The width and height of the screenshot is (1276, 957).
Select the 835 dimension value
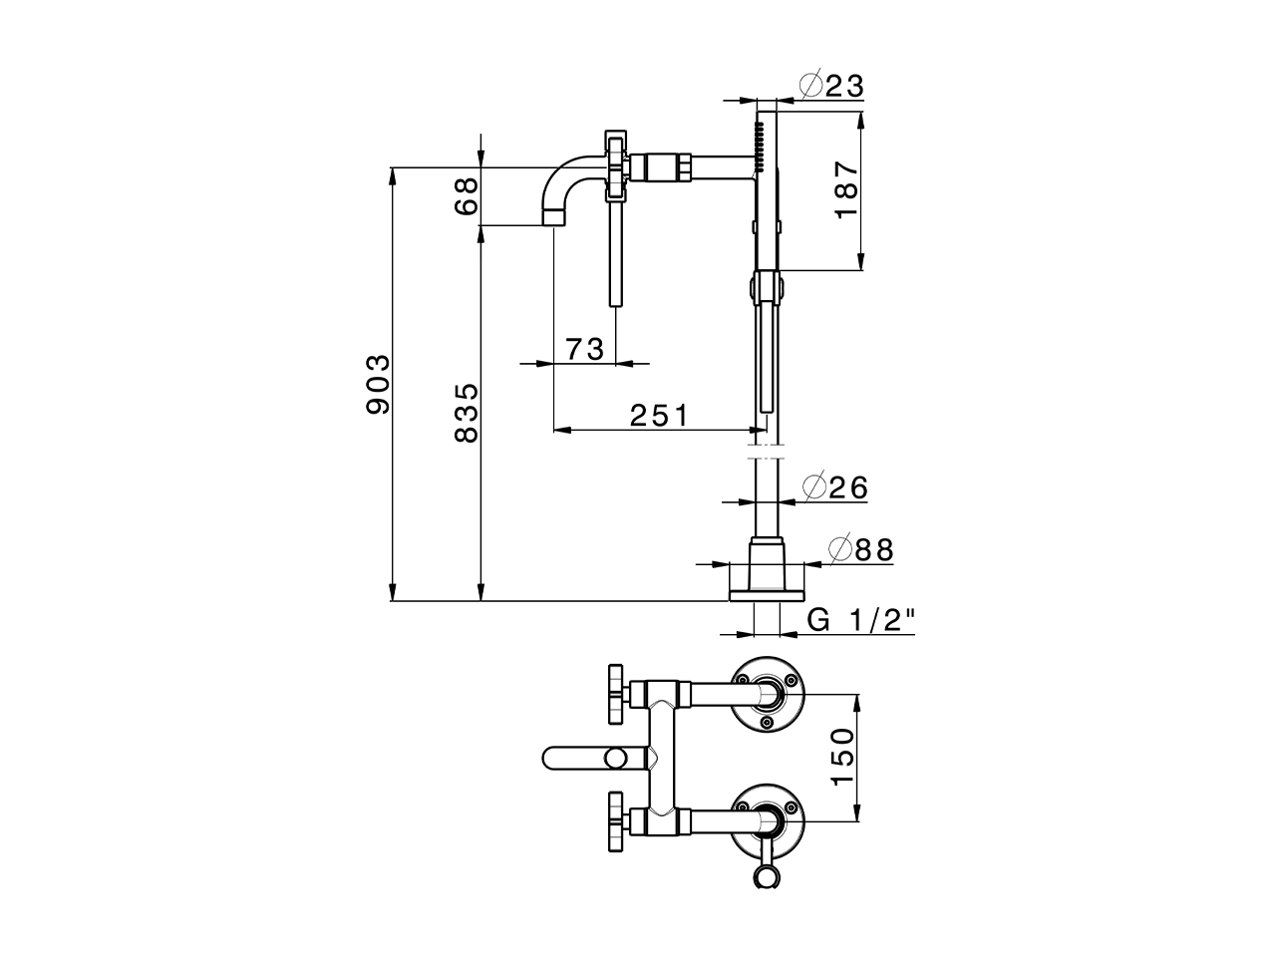(x=466, y=412)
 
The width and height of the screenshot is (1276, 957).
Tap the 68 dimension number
(x=466, y=197)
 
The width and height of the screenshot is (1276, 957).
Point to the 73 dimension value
(x=584, y=349)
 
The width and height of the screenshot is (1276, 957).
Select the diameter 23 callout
(x=831, y=86)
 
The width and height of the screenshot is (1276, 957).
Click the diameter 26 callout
(x=835, y=487)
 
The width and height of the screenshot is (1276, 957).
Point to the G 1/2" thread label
(x=860, y=620)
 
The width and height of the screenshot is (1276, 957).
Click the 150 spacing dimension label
(x=842, y=757)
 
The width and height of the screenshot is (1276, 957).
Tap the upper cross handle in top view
(x=614, y=692)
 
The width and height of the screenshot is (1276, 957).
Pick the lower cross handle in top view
(x=614, y=822)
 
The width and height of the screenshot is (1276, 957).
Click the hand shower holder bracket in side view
(x=766, y=287)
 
